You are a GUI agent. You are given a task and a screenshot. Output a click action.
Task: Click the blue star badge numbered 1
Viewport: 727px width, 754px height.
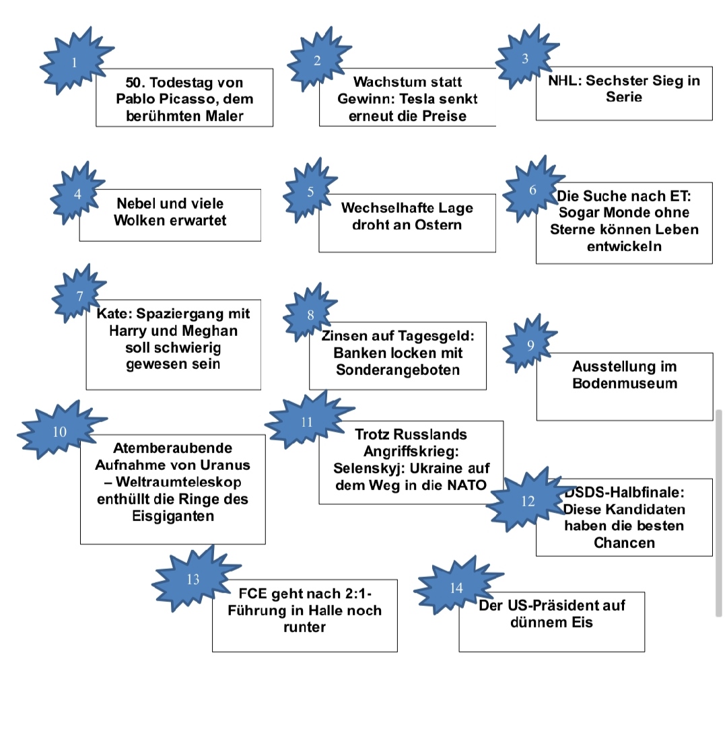pyautogui.click(x=75, y=62)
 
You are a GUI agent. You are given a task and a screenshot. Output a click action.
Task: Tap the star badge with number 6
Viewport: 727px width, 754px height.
pyautogui.click(x=532, y=190)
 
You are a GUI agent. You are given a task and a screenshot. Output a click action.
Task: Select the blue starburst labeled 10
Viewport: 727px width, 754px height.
pyautogui.click(x=59, y=432)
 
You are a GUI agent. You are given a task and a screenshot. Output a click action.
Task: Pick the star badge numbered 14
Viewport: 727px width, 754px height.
pyautogui.click(x=456, y=588)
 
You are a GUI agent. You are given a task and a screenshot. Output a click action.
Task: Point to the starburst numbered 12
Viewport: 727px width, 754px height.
pyautogui.click(x=527, y=501)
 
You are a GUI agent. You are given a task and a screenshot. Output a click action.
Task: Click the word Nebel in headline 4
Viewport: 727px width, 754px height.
pyautogui.click(x=137, y=203)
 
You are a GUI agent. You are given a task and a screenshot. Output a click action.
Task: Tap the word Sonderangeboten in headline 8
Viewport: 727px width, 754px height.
pyautogui.click(x=398, y=370)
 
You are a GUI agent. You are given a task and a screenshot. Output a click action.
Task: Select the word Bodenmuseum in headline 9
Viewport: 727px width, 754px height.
pyautogui.click(x=624, y=384)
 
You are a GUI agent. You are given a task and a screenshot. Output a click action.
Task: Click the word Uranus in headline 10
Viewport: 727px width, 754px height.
pyautogui.click(x=227, y=465)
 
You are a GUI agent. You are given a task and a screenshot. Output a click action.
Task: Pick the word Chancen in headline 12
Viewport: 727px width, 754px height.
pyautogui.click(x=623, y=543)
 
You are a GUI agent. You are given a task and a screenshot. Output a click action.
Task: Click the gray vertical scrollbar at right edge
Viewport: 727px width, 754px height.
pyautogui.click(x=718, y=512)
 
